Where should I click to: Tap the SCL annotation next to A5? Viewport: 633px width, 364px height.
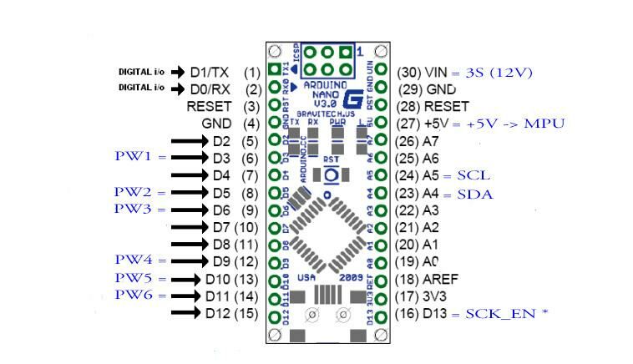click(473, 175)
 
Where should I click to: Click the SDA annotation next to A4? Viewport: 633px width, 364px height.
click(474, 194)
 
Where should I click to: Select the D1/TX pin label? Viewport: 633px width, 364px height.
click(209, 73)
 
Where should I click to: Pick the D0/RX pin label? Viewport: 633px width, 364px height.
click(209, 88)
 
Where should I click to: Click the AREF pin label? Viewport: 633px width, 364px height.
click(442, 279)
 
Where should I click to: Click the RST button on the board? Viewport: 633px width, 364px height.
click(331, 174)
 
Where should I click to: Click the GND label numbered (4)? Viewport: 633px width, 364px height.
click(216, 124)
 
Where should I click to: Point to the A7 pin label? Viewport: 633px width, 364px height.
click(431, 141)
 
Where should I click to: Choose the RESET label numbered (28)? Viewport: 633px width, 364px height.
click(447, 106)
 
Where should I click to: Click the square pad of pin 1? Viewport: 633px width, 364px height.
click(274, 72)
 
